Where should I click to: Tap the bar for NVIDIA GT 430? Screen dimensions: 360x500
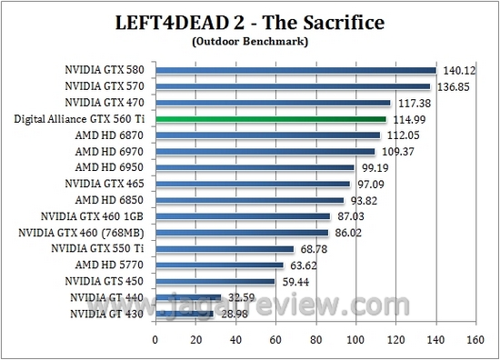pyautogui.click(x=185, y=314)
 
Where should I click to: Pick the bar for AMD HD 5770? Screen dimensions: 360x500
pyautogui.click(x=219, y=265)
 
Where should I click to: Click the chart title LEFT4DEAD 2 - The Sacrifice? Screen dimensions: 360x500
pyautogui.click(x=249, y=22)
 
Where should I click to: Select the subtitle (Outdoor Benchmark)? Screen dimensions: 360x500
pyautogui.click(x=249, y=42)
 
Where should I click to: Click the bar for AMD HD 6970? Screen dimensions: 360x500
pyautogui.click(x=265, y=151)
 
